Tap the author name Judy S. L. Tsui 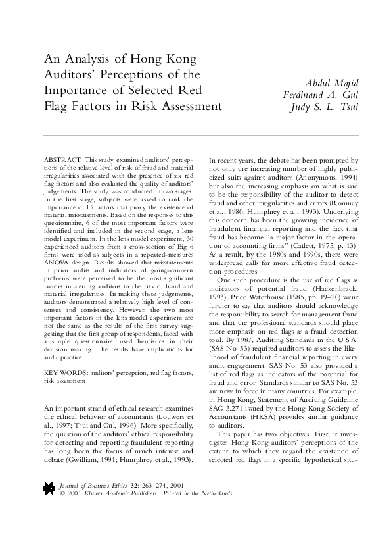(319, 109)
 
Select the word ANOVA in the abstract (56, 252)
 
